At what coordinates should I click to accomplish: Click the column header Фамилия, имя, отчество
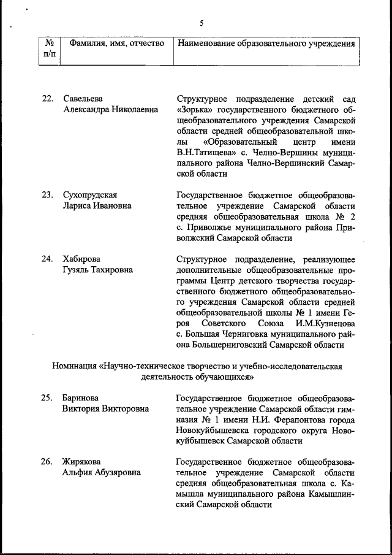(117, 44)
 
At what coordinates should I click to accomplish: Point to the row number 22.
(48, 99)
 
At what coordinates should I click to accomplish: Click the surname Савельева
(83, 99)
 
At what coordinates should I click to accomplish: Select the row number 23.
(48, 195)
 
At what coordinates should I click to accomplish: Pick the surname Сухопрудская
(89, 195)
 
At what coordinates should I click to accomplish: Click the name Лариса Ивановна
(97, 206)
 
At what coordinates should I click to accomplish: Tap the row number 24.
(48, 259)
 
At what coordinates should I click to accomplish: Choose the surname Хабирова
(82, 259)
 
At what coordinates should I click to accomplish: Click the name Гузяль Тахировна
(97, 270)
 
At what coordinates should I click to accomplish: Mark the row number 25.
(48, 397)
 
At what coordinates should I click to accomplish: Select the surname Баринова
(81, 397)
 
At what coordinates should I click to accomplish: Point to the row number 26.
(48, 461)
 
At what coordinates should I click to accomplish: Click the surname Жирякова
(82, 461)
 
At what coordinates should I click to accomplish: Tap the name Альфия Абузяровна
(101, 472)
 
